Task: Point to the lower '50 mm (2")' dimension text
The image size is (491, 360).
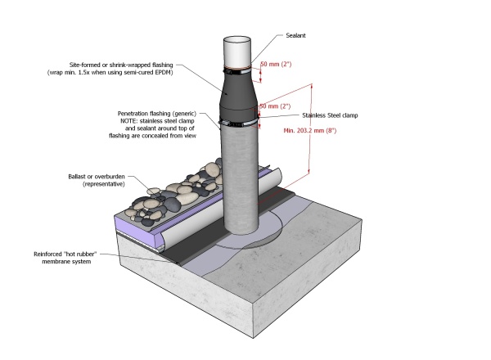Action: coord(275,106)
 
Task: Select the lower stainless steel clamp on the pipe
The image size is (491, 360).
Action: coord(239,124)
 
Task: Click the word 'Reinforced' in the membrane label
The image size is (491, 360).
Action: coord(50,254)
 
